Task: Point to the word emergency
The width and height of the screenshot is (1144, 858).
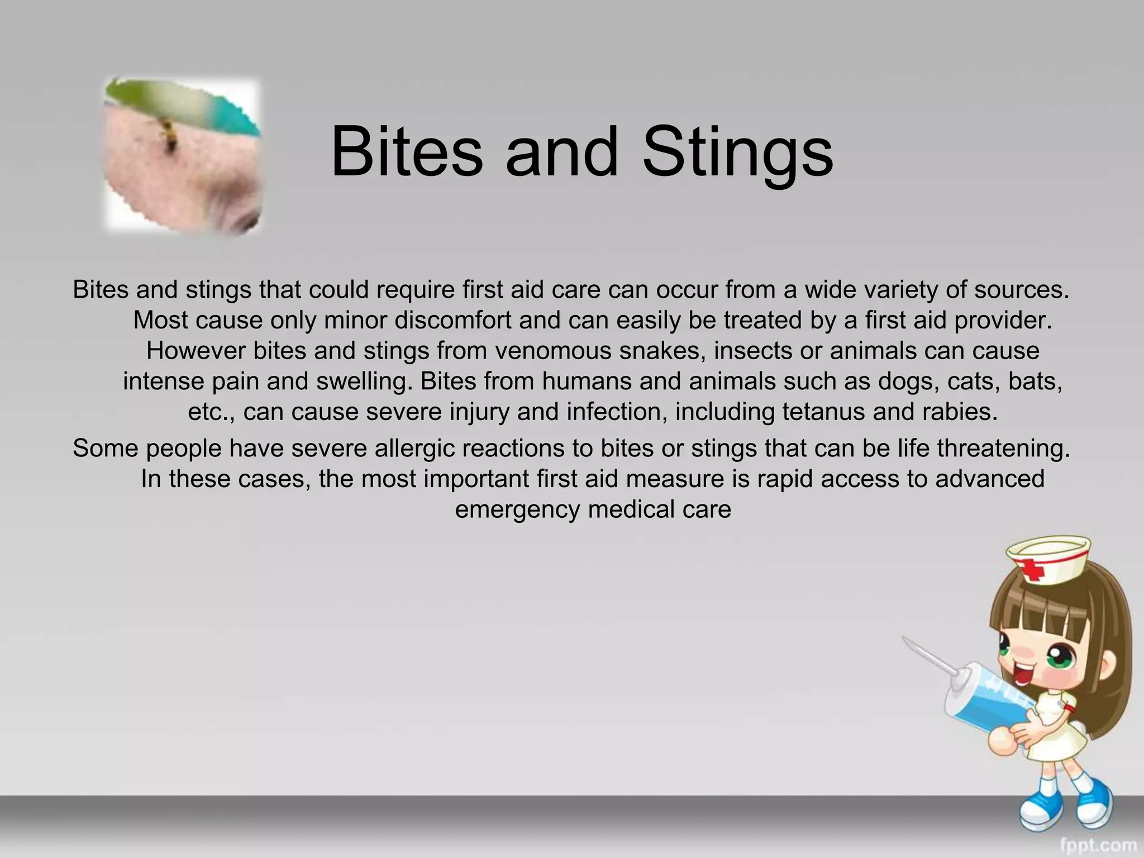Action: pyautogui.click(x=517, y=509)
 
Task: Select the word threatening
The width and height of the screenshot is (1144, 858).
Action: pyautogui.click(x=1003, y=448)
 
